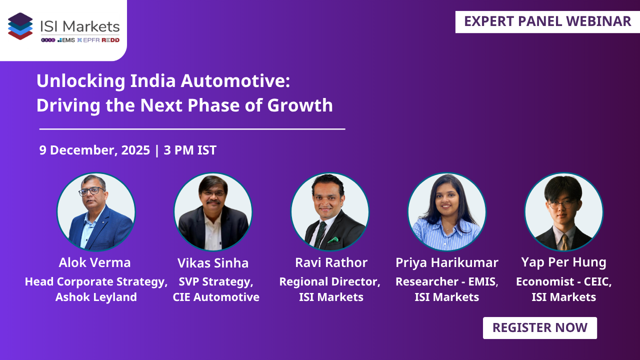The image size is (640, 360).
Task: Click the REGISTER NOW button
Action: (539, 328)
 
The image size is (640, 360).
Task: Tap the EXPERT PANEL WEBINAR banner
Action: (547, 21)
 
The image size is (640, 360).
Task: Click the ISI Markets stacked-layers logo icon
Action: (20, 26)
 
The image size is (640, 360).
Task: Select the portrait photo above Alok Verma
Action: (96, 211)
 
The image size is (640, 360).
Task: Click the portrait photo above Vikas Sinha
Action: (213, 211)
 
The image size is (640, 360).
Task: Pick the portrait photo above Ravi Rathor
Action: (330, 211)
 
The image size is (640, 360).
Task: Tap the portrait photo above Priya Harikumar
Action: (446, 211)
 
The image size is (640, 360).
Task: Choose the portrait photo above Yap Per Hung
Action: (563, 211)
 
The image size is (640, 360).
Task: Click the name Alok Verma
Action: (94, 262)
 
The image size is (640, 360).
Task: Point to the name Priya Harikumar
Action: (446, 262)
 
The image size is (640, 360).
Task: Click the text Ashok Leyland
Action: (96, 297)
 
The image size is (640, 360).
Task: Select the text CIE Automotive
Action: (216, 297)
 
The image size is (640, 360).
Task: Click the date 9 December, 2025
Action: (94, 150)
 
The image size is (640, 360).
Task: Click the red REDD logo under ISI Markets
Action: (110, 40)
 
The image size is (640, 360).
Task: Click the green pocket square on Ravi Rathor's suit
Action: (333, 239)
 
